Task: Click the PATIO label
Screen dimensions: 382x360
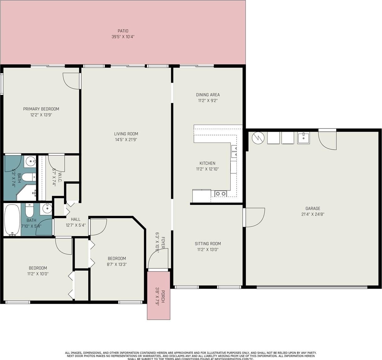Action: (x=123, y=31)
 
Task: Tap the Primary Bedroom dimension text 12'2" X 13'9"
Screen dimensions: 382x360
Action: (x=41, y=115)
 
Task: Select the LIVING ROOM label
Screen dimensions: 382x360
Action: (x=126, y=134)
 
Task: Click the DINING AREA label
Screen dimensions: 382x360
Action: (x=208, y=95)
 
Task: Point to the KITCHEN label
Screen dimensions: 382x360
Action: (x=207, y=163)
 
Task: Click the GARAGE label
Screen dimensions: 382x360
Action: (x=313, y=208)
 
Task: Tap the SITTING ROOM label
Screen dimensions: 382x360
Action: (x=208, y=244)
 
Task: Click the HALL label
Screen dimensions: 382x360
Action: (x=76, y=219)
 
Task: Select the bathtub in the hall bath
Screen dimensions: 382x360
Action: (x=12, y=220)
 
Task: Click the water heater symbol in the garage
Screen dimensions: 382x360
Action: (x=258, y=138)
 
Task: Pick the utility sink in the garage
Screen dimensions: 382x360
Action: (x=303, y=138)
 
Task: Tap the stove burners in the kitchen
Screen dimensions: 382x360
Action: (x=221, y=194)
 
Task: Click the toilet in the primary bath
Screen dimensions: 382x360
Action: (x=29, y=177)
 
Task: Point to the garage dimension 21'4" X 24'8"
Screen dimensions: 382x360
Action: (x=313, y=214)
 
